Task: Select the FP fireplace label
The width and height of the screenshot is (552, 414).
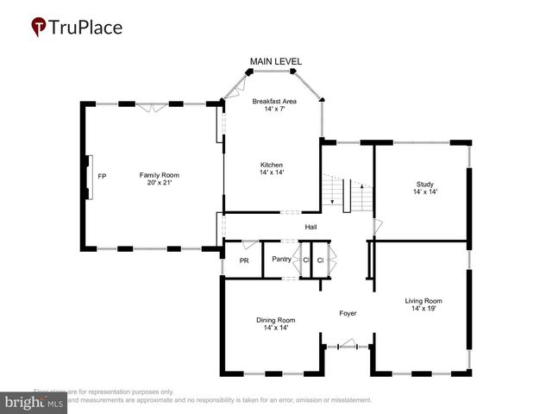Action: point(101,175)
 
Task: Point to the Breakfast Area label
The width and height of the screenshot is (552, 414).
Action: point(274,101)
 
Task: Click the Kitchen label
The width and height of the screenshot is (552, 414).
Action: point(272,165)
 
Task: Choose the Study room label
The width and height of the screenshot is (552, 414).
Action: point(423,184)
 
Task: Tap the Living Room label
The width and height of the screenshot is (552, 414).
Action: point(423,301)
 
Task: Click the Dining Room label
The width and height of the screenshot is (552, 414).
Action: point(275,320)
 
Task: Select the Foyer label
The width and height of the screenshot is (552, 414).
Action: point(348,313)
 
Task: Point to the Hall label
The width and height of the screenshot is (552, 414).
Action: point(311,227)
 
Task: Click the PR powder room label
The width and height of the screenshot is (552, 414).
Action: point(244,260)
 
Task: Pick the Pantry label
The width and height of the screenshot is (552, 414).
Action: point(281,259)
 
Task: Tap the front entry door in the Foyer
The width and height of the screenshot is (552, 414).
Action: point(347,346)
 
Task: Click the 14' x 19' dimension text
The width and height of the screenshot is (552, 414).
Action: point(423,309)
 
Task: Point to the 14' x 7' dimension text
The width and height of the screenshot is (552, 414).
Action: point(274,109)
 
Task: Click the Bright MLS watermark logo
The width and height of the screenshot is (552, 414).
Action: point(35,402)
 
